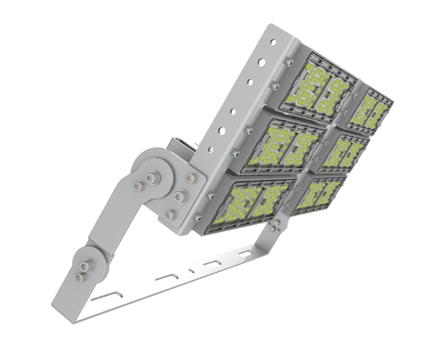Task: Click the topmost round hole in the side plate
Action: tap(271, 39)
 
